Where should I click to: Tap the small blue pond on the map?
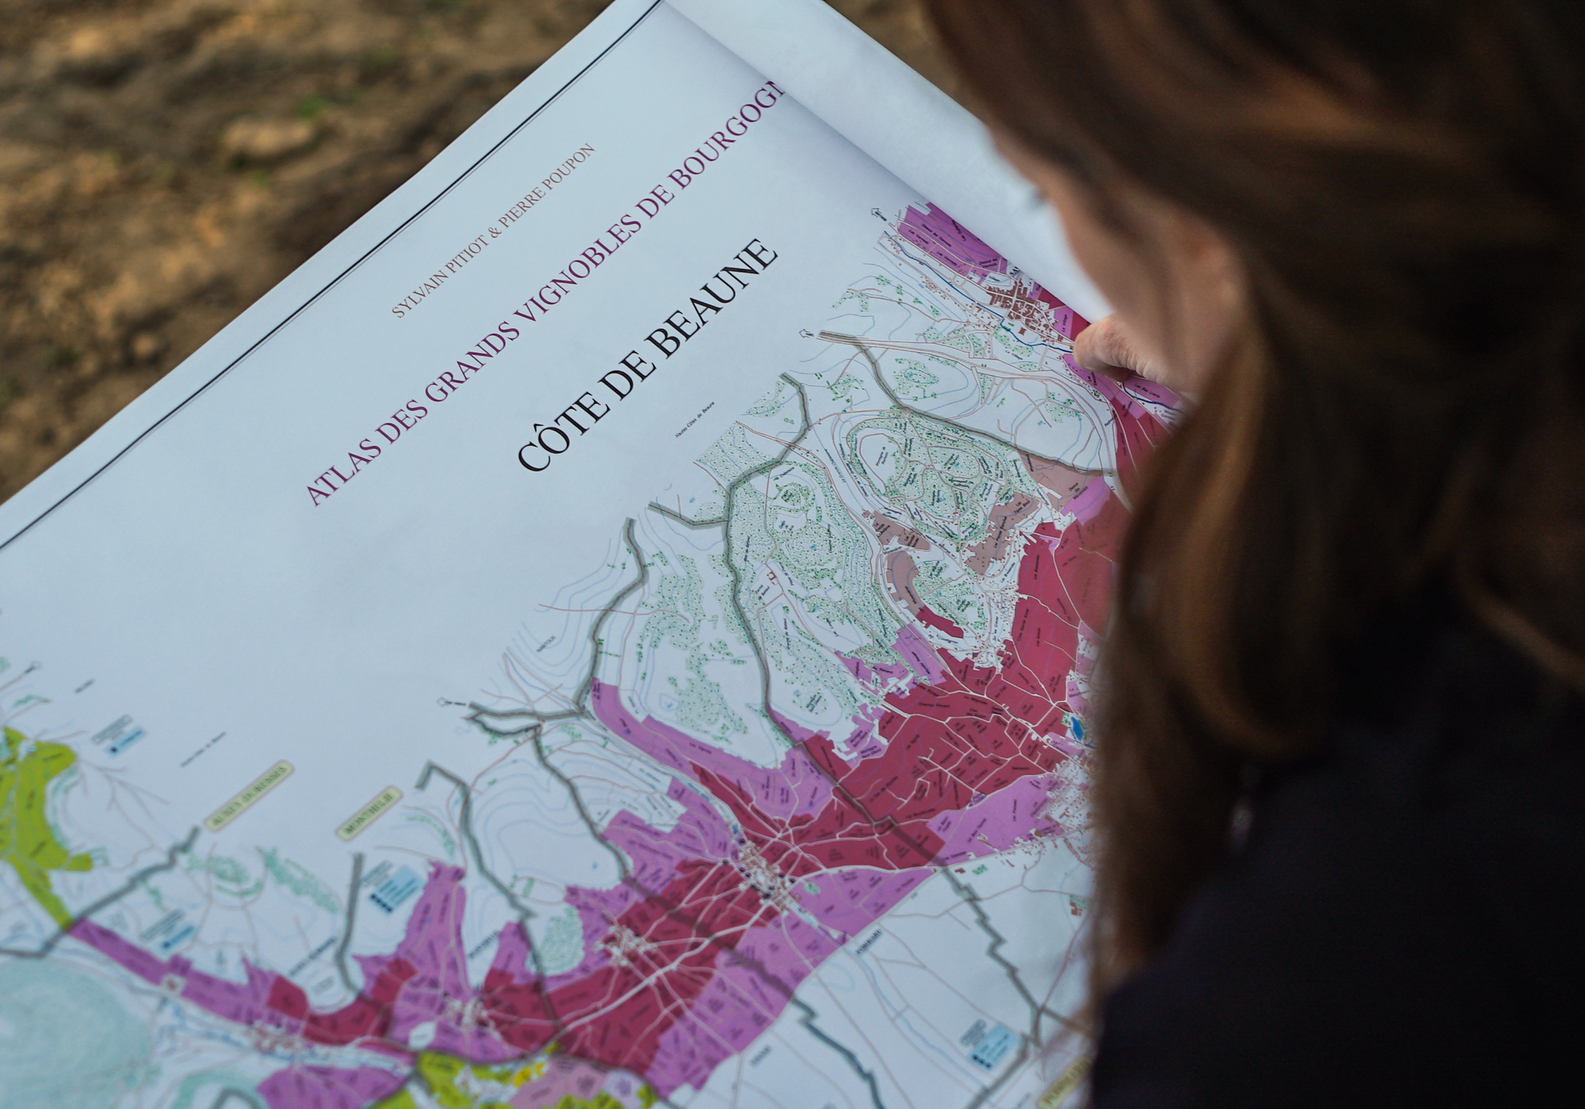1078,724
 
